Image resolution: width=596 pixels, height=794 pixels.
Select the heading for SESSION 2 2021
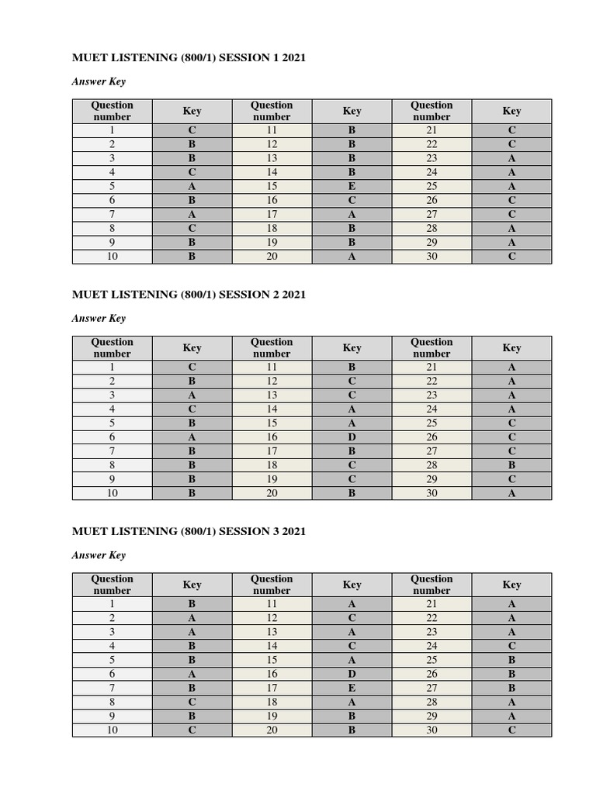pyautogui.click(x=189, y=295)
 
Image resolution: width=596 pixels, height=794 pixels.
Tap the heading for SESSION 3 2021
pyautogui.click(x=189, y=531)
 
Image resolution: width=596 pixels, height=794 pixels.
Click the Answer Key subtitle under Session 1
pyautogui.click(x=99, y=81)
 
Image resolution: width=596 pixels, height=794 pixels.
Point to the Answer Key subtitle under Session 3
pyautogui.click(x=99, y=555)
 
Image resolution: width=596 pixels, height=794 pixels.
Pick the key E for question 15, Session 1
pyautogui.click(x=352, y=187)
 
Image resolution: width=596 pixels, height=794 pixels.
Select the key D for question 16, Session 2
pyautogui.click(x=352, y=437)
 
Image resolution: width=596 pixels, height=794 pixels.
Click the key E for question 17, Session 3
pyautogui.click(x=352, y=688)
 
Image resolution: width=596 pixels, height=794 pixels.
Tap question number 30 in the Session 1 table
pyautogui.click(x=431, y=257)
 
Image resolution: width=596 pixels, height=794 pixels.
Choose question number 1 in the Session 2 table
pyautogui.click(x=112, y=368)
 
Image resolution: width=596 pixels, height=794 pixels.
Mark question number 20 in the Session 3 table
pyautogui.click(x=272, y=730)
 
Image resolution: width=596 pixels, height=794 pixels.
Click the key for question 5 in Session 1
pyautogui.click(x=192, y=187)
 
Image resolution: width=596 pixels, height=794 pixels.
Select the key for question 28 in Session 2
pyautogui.click(x=511, y=465)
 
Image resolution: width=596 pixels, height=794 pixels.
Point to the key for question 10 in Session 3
pyautogui.click(x=192, y=730)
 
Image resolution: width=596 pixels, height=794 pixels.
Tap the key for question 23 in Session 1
pyautogui.click(x=511, y=159)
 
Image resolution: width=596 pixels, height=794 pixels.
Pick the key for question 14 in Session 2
pyautogui.click(x=352, y=409)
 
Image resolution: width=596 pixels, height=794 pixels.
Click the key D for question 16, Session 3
pyautogui.click(x=352, y=674)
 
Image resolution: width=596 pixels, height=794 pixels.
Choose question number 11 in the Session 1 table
pyautogui.click(x=272, y=131)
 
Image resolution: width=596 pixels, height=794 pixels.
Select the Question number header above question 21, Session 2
pyautogui.click(x=431, y=347)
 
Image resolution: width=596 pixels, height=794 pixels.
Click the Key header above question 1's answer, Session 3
pyautogui.click(x=192, y=585)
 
